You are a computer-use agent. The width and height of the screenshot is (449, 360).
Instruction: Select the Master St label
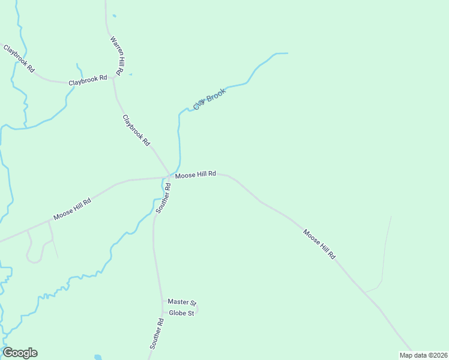[x=182, y=302]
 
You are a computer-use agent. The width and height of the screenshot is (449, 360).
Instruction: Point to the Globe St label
[x=181, y=313]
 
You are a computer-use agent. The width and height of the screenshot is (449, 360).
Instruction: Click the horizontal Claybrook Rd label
[x=88, y=79]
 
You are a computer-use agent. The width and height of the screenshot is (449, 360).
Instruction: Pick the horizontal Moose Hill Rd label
[x=195, y=175]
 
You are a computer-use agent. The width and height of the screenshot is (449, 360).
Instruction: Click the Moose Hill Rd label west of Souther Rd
[x=72, y=209]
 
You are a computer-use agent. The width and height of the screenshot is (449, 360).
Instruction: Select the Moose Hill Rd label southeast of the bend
[x=319, y=244]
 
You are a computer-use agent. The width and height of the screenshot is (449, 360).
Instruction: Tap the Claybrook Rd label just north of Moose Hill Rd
[x=136, y=130]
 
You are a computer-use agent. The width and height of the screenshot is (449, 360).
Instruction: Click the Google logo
[x=20, y=353]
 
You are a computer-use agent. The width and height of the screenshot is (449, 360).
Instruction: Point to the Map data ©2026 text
[x=423, y=355]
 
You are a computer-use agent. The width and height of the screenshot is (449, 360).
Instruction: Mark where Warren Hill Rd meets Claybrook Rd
[x=113, y=79]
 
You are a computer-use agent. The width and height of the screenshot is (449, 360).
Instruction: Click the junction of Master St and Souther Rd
[x=162, y=302]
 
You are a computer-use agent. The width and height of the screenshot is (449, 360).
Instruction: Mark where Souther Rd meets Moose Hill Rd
[x=167, y=177]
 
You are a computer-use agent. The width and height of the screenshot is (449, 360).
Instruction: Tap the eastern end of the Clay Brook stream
[x=287, y=53]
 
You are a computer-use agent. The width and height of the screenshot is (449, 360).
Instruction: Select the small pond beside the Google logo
[x=98, y=357]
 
